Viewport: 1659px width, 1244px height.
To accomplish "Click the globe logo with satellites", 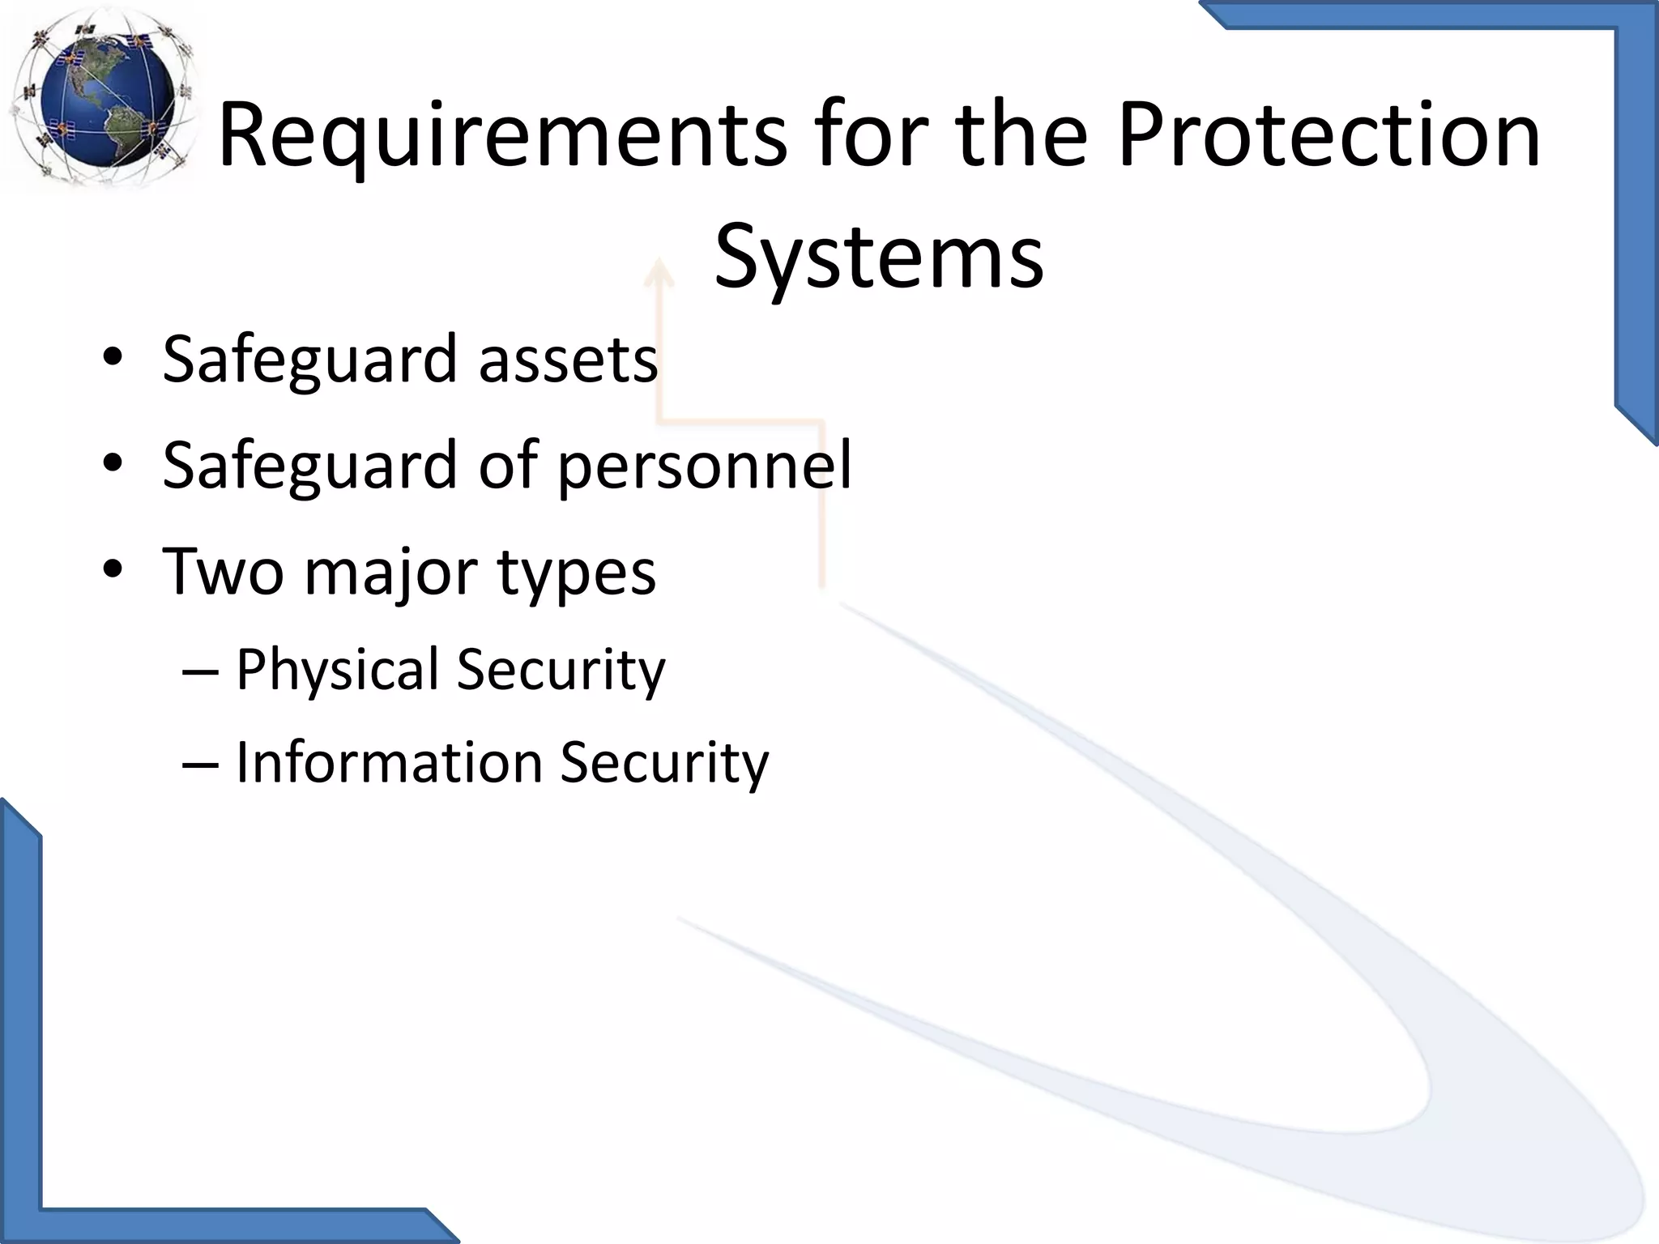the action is click(101, 97).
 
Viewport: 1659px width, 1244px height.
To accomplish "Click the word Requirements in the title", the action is click(502, 134).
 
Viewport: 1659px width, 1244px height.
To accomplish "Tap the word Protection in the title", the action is click(1328, 134).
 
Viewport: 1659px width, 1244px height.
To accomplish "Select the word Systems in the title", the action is click(879, 258).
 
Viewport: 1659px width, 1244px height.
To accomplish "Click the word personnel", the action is click(705, 465).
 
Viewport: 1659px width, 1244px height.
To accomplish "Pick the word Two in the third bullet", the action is click(224, 571).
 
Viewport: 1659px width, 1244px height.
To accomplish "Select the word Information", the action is click(389, 762).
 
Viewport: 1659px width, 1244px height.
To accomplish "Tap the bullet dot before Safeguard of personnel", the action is click(113, 463).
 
